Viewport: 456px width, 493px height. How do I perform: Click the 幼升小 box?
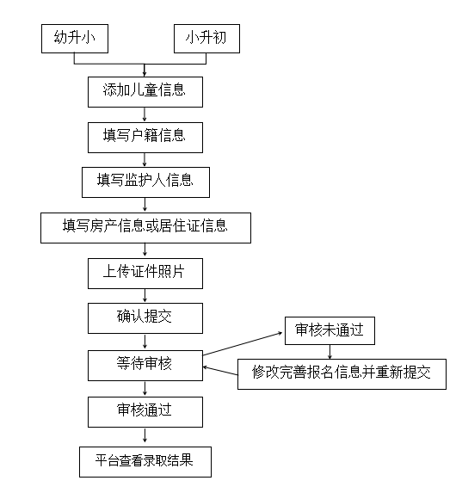pos(75,39)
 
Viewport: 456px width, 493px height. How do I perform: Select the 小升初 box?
pos(207,39)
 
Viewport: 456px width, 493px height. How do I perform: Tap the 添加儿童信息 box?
pos(145,92)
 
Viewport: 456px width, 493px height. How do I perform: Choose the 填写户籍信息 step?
pos(145,138)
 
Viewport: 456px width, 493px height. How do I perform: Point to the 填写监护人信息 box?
pos(145,182)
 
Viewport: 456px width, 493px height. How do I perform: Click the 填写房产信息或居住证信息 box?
pos(145,228)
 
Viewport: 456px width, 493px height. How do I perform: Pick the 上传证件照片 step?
pos(145,274)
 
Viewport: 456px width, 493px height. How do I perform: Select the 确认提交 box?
pos(145,318)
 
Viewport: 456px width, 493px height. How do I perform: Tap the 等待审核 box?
pos(145,366)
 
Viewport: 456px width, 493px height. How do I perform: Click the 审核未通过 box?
pos(330,330)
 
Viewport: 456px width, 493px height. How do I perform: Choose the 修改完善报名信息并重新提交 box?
pos(342,374)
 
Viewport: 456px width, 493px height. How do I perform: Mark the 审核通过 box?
pos(145,412)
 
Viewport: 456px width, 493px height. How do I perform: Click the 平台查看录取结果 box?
pos(145,462)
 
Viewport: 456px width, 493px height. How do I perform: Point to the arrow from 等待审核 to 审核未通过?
pos(243,344)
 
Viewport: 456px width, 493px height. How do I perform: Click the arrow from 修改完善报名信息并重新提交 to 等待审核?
pos(220,371)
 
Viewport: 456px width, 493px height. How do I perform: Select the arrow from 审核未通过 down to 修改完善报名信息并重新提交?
pos(330,352)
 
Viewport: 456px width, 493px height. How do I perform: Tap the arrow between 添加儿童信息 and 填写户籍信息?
pos(145,114)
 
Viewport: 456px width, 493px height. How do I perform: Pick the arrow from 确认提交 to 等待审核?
pos(145,342)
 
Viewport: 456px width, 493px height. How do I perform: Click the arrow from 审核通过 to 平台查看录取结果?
pos(145,435)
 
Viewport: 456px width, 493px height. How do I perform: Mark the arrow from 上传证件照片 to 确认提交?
pos(145,296)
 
